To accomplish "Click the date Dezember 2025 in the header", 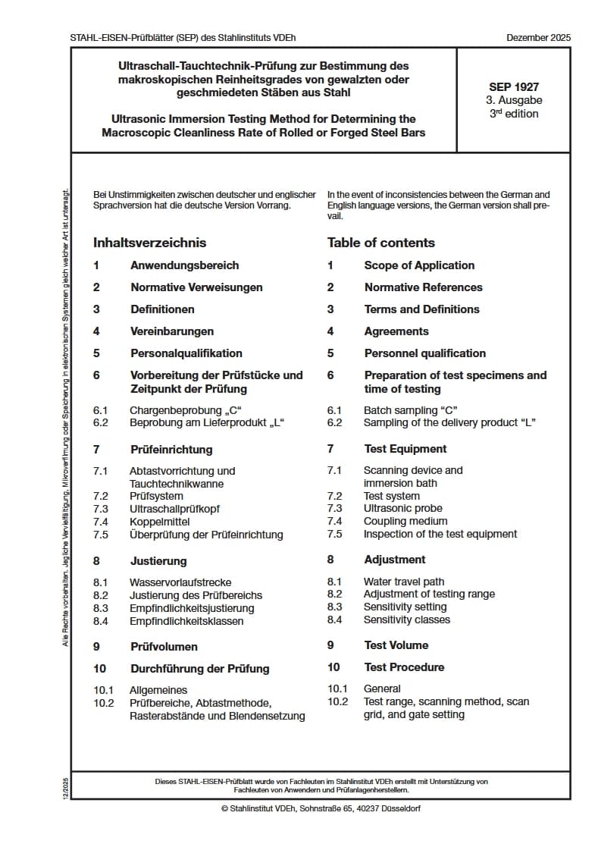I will point(539,37).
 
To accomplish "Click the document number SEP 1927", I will point(514,87).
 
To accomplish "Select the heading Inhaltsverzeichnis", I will point(149,243).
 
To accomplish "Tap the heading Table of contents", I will point(380,243).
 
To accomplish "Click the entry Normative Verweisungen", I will point(196,287).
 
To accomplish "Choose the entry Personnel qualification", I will point(424,353).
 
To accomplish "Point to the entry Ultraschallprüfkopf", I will point(174,509).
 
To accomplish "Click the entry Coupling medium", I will point(405,521).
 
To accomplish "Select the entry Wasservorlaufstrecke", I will point(181,583).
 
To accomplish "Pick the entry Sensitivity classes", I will point(406,620).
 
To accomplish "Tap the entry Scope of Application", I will point(419,265).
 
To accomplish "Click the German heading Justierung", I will point(158,561).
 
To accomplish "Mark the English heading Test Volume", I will point(396,645).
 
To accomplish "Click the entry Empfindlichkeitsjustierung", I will point(192,608).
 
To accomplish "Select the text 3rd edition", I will point(514,114).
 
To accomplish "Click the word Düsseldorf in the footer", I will point(400,808).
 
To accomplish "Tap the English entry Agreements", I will point(396,331).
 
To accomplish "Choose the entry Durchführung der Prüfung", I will point(199,669).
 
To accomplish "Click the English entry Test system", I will point(391,496).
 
